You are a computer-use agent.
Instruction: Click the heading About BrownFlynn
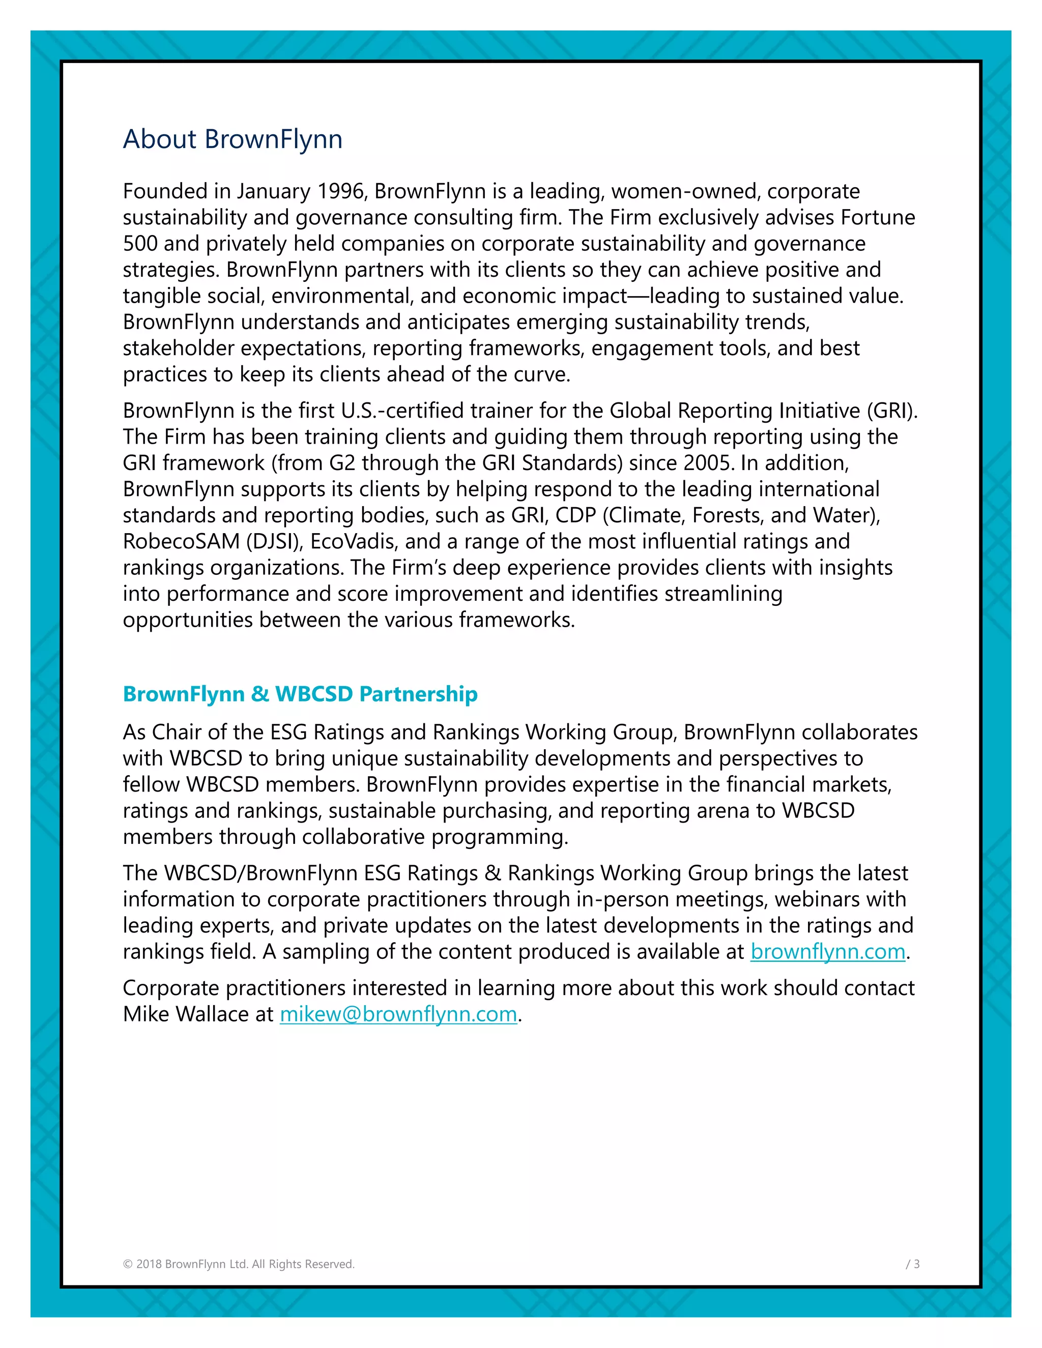click(232, 139)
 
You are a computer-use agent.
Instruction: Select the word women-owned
click(683, 191)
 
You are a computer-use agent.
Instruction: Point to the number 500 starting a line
click(140, 244)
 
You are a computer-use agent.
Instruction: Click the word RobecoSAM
click(181, 541)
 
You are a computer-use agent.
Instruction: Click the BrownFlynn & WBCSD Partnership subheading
click(300, 694)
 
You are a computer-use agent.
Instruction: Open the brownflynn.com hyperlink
click(827, 951)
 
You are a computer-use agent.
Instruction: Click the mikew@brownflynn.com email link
click(398, 1014)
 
